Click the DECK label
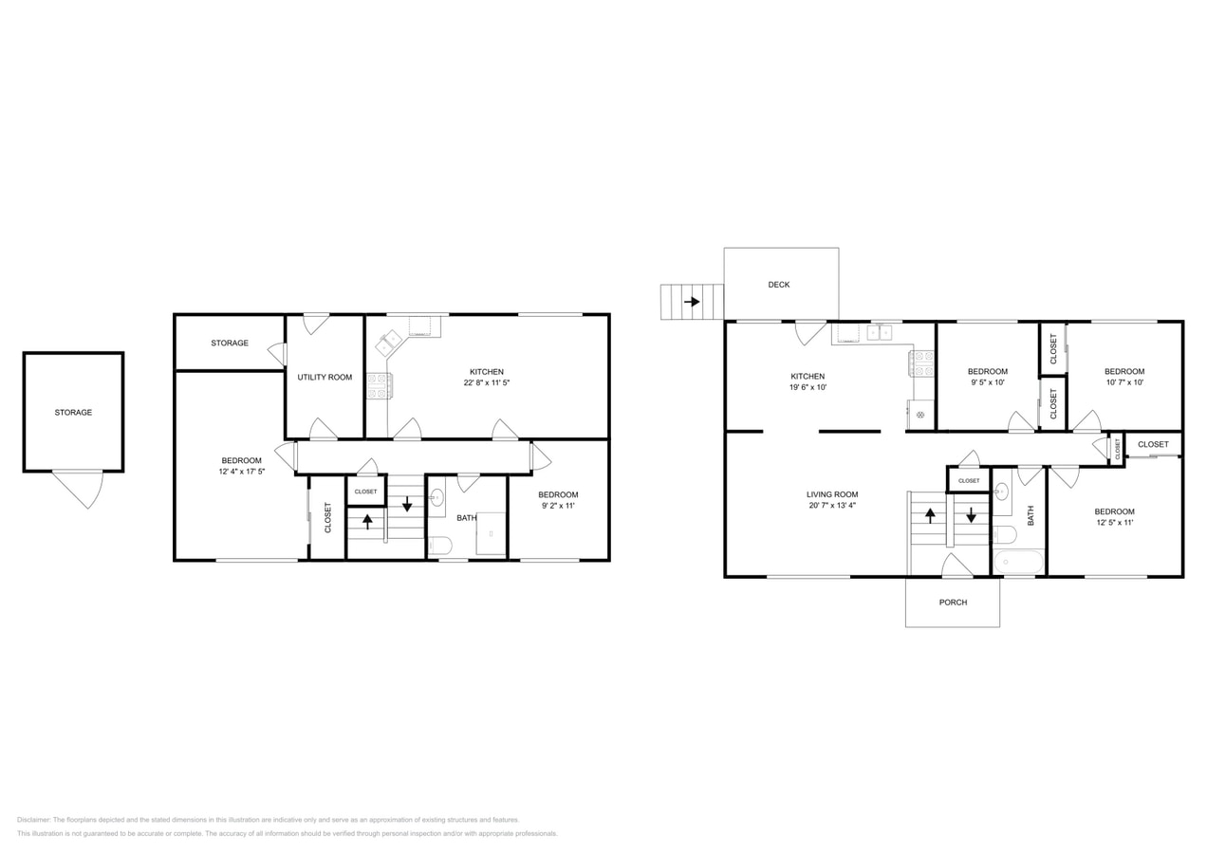pos(779,285)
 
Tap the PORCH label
pos(953,603)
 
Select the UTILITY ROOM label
pos(325,377)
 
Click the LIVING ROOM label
pos(832,494)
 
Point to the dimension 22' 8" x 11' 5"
pos(486,382)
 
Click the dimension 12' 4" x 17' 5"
pos(241,472)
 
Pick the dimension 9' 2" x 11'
pos(558,506)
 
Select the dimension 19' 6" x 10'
pos(808,387)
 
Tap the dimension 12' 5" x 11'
pos(1114,522)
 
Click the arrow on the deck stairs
pos(692,302)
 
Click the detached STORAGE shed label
pos(73,412)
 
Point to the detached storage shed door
pos(79,489)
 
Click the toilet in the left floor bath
pos(439,546)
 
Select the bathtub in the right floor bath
pos(1018,562)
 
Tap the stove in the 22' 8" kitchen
pos(380,386)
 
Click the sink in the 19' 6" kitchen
pos(880,332)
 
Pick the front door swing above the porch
pos(956,566)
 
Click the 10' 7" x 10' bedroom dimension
pos(1124,382)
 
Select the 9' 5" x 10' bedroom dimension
pos(988,382)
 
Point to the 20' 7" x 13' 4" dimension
pos(832,506)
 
